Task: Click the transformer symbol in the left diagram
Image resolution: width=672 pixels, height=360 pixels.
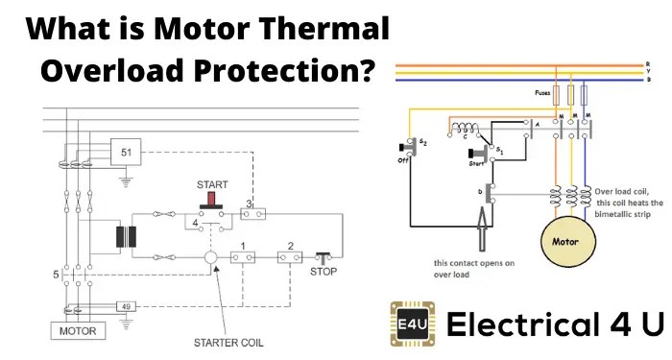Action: [122, 236]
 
